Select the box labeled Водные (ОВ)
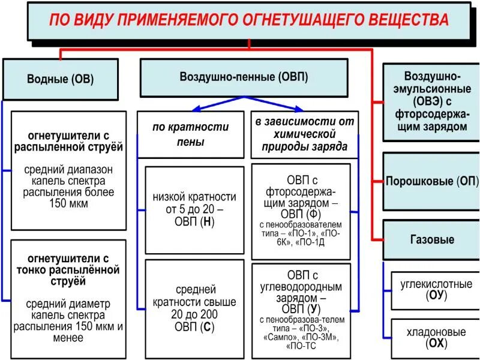(61, 79)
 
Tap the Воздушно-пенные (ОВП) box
(244, 77)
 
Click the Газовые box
(431, 239)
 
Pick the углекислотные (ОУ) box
(435, 289)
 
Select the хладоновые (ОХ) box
(435, 337)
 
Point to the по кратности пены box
(191, 134)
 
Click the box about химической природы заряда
(305, 134)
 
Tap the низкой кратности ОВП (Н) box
(194, 209)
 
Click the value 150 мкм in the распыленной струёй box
(68, 203)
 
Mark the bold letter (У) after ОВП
(313, 310)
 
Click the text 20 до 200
(194, 314)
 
